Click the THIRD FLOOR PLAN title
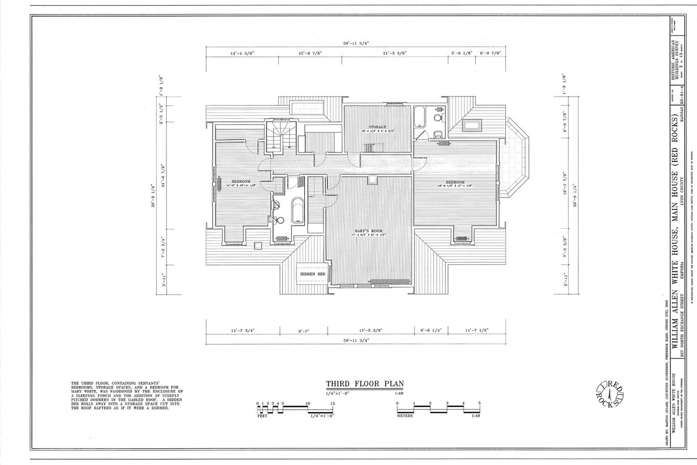point(364,384)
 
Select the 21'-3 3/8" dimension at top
point(394,53)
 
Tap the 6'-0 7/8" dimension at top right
point(491,53)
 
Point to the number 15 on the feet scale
point(333,403)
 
